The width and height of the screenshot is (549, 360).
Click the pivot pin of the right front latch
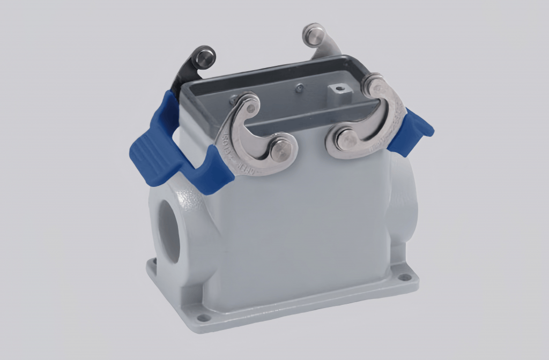click(347, 140)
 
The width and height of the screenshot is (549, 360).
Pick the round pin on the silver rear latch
click(314, 34)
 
